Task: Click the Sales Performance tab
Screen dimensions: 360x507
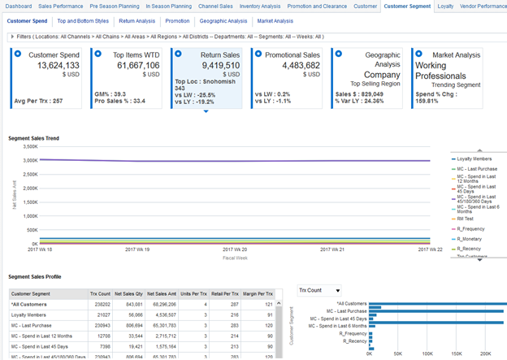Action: [x=61, y=6]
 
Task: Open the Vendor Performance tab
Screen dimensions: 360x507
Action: [x=483, y=6]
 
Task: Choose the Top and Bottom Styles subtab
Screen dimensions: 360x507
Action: [x=83, y=20]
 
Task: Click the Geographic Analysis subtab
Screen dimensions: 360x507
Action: [x=223, y=20]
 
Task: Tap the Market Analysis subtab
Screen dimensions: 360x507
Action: [x=275, y=20]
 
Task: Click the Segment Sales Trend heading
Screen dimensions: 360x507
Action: [x=33, y=139]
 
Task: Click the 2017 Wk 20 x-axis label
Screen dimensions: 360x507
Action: [x=234, y=250]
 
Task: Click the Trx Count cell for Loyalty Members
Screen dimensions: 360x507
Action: [x=102, y=314]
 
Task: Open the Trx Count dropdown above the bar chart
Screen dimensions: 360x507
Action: [x=319, y=290]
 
